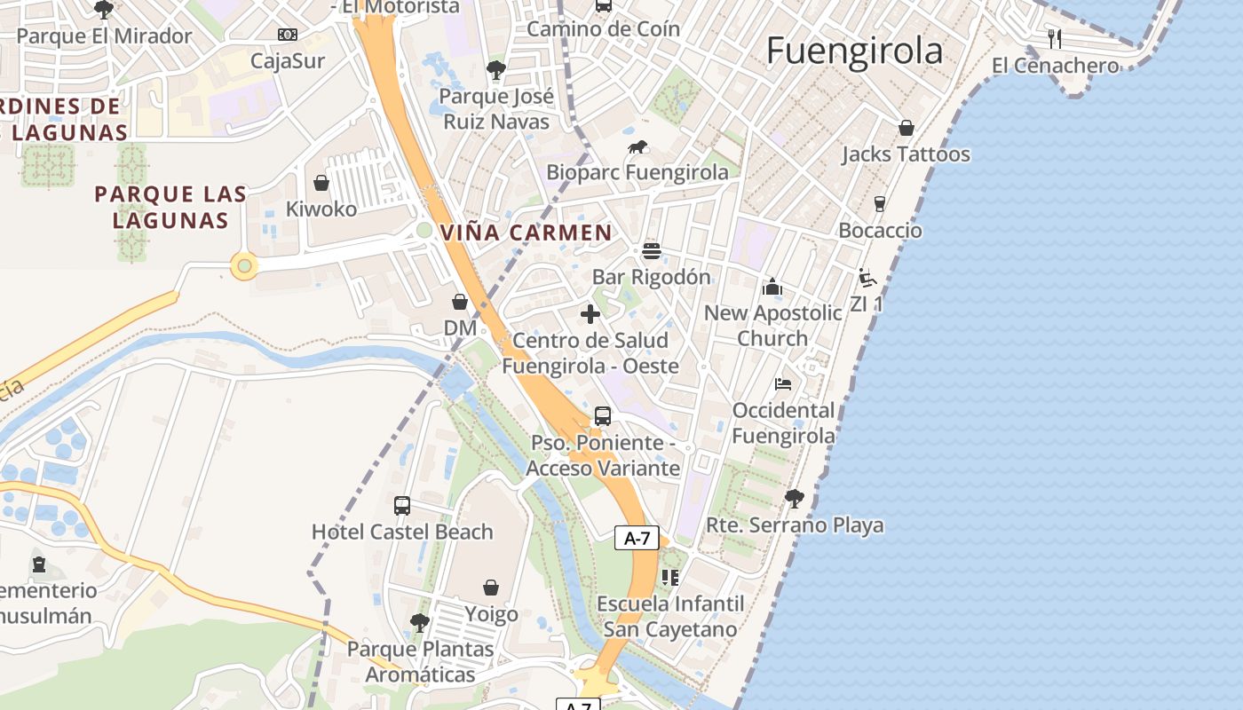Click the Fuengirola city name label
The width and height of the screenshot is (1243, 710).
click(854, 51)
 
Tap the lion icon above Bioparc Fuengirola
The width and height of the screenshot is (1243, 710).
click(637, 147)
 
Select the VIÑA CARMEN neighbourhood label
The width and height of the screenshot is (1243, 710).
click(526, 233)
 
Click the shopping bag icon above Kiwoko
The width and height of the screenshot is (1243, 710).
click(321, 184)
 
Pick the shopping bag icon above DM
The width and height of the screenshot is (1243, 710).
click(460, 303)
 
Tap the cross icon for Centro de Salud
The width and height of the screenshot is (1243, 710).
click(590, 314)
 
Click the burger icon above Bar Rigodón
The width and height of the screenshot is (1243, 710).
click(652, 251)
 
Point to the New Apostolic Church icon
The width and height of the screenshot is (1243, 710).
click(772, 288)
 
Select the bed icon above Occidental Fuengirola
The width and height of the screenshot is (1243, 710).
click(783, 384)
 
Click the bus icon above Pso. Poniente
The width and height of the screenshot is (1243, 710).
click(603, 416)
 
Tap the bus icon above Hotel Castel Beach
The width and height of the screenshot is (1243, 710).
click(402, 506)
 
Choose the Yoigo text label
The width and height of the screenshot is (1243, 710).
click(491, 614)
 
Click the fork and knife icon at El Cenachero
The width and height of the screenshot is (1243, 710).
click(1055, 39)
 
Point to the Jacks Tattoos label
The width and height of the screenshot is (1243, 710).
click(906, 154)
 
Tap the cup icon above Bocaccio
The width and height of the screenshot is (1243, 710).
click(880, 204)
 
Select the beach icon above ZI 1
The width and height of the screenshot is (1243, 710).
click(867, 278)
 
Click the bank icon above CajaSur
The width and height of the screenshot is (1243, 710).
click(288, 35)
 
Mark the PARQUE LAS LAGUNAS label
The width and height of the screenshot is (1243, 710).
click(170, 207)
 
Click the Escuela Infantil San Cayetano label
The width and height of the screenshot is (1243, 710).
click(670, 617)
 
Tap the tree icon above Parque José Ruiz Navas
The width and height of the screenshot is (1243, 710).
click(496, 70)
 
